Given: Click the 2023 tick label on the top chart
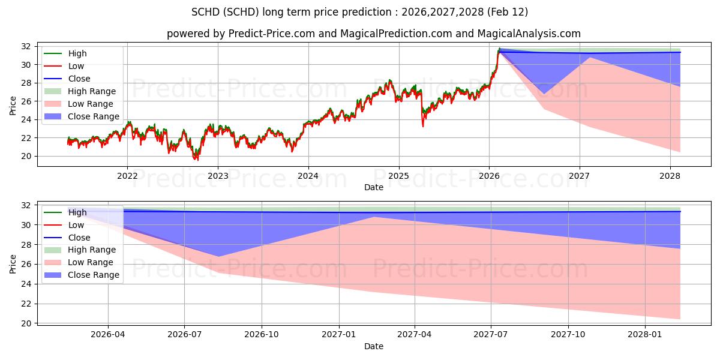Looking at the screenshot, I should click(x=218, y=176).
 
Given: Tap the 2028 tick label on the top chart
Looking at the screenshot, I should click(x=670, y=176).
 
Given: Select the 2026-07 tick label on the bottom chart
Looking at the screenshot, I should click(x=184, y=335).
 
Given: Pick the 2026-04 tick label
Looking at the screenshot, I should click(x=108, y=335).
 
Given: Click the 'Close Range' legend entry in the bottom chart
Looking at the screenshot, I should click(x=93, y=275).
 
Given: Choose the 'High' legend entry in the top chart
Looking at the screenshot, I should click(x=77, y=53).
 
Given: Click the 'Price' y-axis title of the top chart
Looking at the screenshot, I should click(x=13, y=106).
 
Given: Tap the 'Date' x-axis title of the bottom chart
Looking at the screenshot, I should click(x=373, y=346).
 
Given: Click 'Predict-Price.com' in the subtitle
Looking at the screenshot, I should click(x=271, y=34).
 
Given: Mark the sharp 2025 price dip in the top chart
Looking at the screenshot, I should click(x=423, y=125).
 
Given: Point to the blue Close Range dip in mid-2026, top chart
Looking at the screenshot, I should click(x=544, y=93).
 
